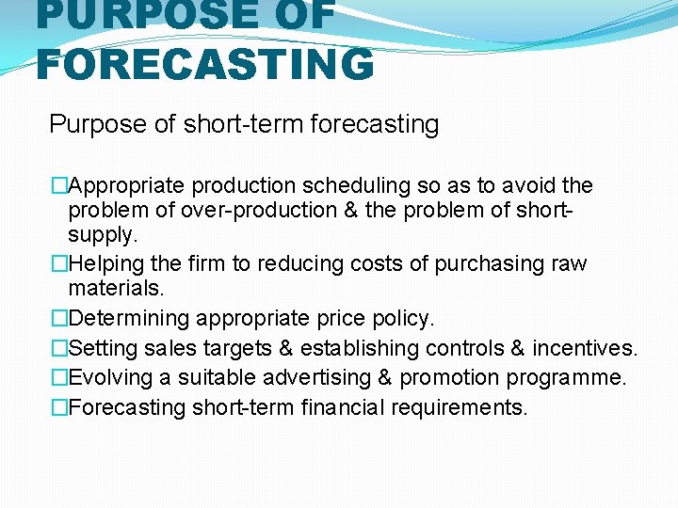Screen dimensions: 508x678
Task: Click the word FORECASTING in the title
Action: (205, 63)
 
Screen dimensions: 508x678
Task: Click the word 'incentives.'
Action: (585, 349)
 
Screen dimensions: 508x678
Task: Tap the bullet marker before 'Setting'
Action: (60, 349)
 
